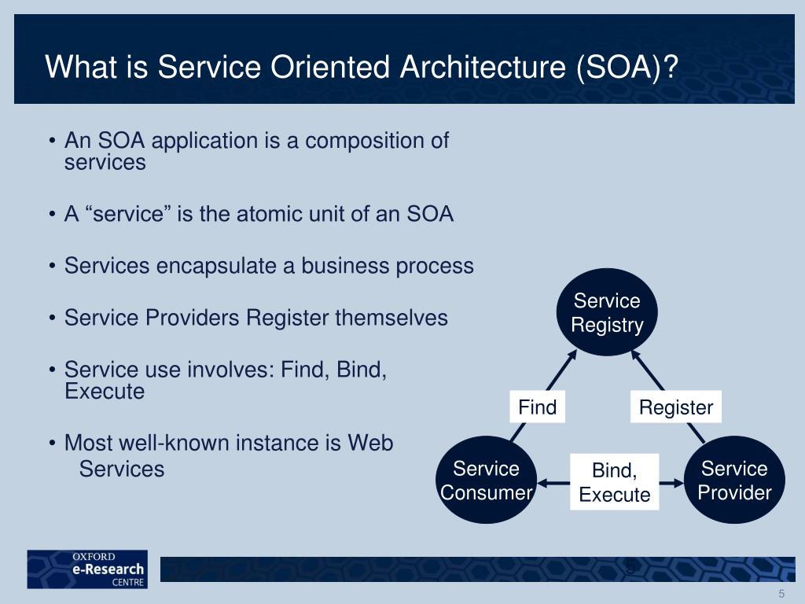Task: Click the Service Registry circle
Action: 607,312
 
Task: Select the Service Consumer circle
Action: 486,481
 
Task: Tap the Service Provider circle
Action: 734,481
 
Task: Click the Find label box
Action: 538,407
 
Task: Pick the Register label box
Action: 675,407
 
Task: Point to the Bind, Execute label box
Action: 615,482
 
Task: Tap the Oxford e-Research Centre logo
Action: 87,569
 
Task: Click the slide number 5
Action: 781,594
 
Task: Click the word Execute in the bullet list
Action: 105,392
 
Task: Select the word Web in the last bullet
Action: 370,443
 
